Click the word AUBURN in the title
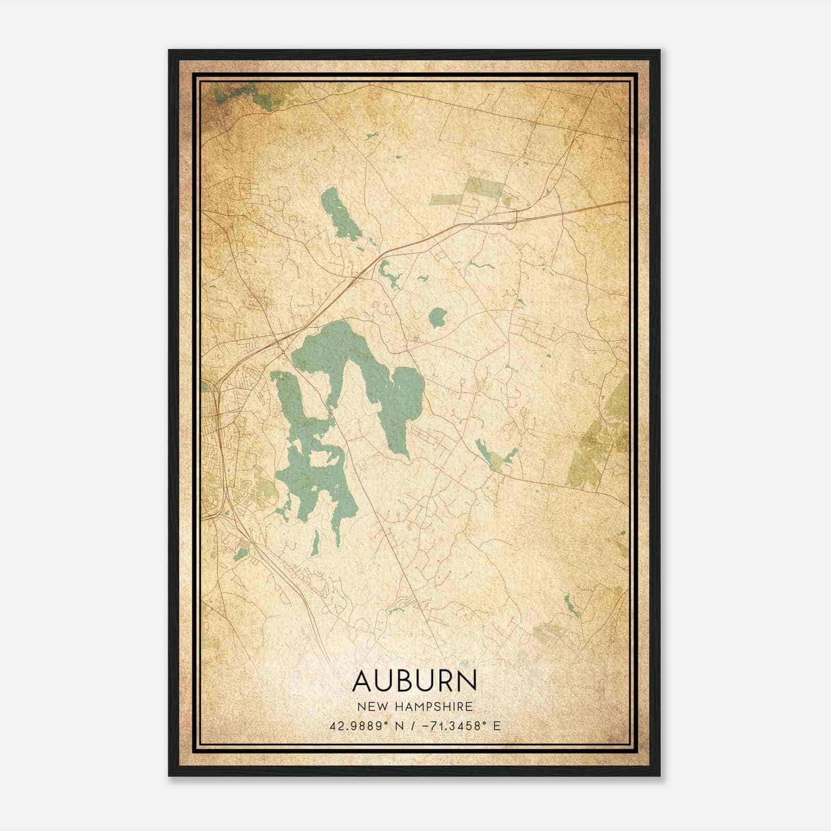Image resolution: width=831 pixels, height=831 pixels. point(414,681)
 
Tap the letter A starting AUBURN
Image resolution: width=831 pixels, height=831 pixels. point(362,681)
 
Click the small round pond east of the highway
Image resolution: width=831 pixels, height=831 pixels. point(437,317)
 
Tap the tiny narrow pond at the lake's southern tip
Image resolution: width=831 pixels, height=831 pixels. point(315,543)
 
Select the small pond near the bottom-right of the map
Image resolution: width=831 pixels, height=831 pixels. point(571,605)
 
